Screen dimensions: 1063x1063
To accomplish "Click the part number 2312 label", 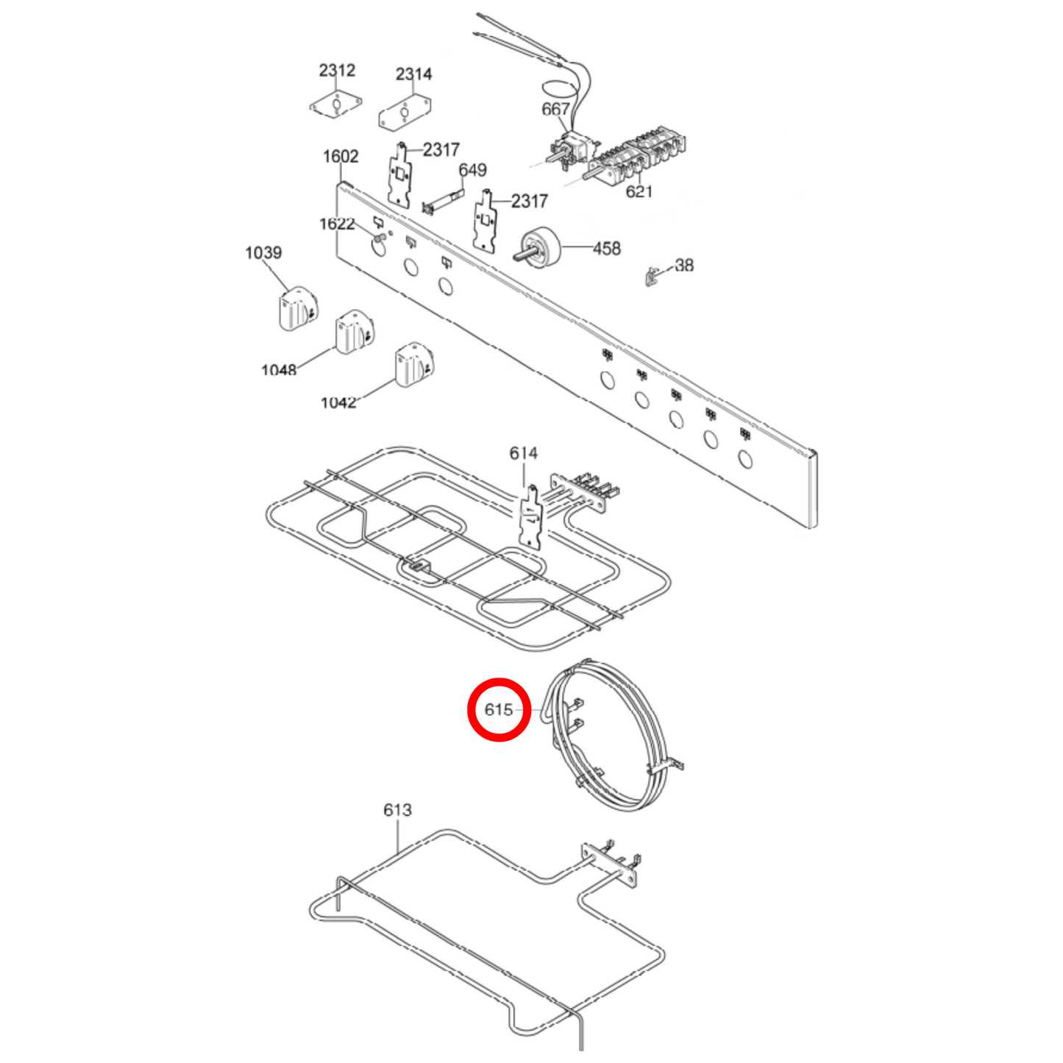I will pos(337,70).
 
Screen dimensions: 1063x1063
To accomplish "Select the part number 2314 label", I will pos(413,74).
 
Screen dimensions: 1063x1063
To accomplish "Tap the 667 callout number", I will pos(555,109).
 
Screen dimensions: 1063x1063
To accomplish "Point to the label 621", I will pos(639,191).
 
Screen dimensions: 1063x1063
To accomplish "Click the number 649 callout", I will pos(472,170).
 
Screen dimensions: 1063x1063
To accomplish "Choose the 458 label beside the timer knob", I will pos(606,249).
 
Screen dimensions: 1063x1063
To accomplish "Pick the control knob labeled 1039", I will pos(297,310).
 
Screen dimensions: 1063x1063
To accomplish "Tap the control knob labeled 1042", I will pos(413,364).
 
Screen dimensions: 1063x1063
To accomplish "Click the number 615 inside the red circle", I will pos(499,710).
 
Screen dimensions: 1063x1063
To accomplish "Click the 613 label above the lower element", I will pos(397,810).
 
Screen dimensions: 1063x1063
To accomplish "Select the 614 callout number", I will pos(523,453).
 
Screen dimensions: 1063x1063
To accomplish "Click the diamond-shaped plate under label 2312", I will pos(336,104).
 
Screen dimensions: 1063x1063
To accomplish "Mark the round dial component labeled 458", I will pos(541,246).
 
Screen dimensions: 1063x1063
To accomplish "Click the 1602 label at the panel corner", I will pos(341,156).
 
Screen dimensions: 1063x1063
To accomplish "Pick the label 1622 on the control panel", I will pos(337,224).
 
